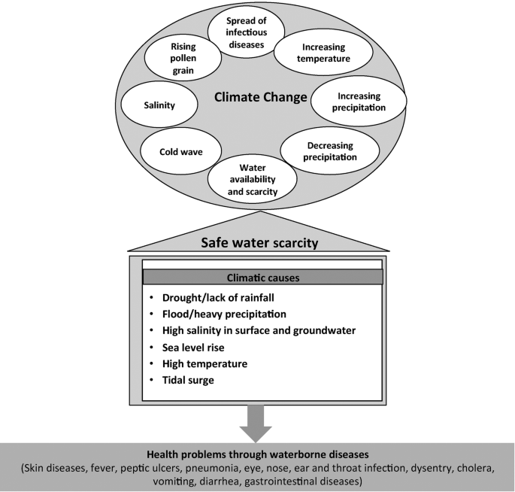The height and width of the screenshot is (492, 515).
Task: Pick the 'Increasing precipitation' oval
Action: tap(359, 102)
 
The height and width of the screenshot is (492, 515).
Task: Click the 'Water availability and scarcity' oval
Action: tap(247, 178)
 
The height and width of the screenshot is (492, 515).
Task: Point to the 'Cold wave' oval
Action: tap(180, 151)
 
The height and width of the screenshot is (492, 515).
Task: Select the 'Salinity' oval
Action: tap(159, 105)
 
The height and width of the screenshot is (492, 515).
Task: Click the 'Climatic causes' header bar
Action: tap(262, 278)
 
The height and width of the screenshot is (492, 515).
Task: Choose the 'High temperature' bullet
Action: tap(205, 364)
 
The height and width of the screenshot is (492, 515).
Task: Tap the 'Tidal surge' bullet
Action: tap(189, 381)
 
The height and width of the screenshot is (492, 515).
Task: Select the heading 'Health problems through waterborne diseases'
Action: tap(257, 454)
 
